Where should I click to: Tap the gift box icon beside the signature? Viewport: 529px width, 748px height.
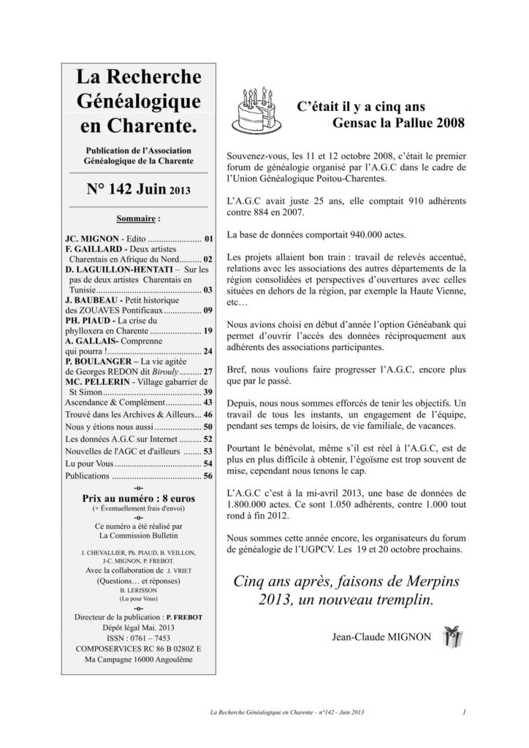click(466, 637)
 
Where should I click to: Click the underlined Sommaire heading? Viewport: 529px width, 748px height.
click(138, 218)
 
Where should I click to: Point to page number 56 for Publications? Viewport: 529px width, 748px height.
click(208, 476)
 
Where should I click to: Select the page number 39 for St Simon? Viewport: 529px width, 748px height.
click(208, 392)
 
